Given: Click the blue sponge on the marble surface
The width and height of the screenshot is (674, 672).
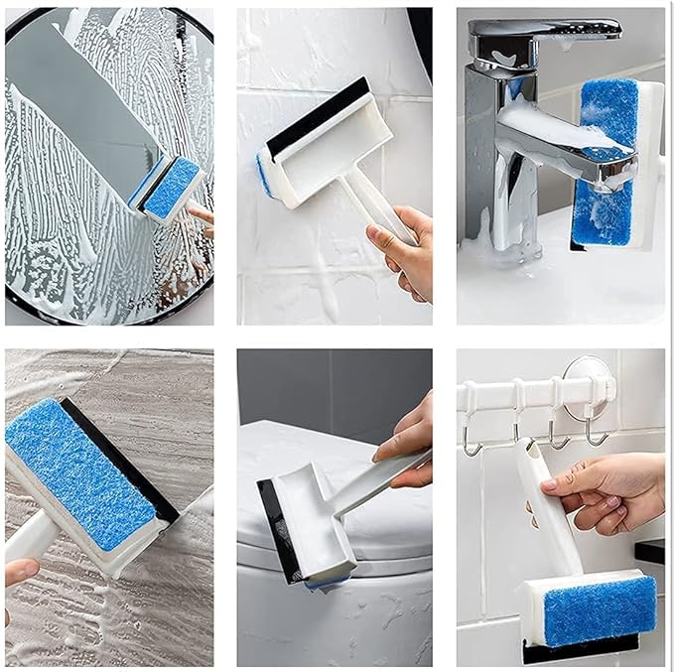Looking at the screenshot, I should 79,467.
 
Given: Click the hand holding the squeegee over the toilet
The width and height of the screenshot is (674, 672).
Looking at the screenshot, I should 407,437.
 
